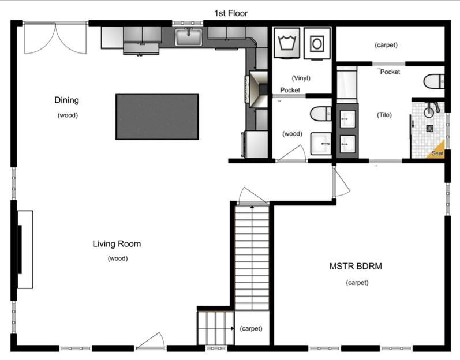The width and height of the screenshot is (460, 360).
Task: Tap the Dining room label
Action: (67, 100)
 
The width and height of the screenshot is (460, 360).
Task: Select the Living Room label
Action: (117, 243)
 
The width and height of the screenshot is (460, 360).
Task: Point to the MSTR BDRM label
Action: (356, 266)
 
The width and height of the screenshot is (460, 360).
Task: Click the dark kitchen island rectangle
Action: (157, 117)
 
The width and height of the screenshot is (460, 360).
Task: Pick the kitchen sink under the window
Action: (188, 38)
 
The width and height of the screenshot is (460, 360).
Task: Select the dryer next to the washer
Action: (316, 43)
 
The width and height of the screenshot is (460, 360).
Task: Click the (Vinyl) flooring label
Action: (301, 78)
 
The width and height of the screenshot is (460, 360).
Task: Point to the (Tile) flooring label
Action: (384, 114)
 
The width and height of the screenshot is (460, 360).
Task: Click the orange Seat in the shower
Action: (437, 151)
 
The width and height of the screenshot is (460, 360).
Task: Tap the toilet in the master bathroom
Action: (433, 81)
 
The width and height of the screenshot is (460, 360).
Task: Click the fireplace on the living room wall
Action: (25, 249)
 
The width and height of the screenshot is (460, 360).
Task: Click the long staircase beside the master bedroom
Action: (252, 257)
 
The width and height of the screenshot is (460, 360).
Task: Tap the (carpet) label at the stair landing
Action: (250, 328)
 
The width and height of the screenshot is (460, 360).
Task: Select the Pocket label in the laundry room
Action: (290, 90)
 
